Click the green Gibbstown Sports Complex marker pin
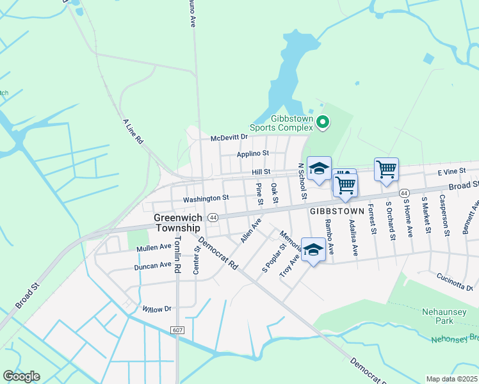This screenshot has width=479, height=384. [x=323, y=122]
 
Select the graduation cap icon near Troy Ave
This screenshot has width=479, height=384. [x=313, y=250]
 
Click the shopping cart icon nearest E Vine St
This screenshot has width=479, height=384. [x=386, y=170]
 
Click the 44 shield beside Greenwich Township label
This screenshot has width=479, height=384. [x=213, y=218]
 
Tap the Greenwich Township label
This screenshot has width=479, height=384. [x=178, y=223]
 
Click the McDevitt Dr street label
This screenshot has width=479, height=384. [x=229, y=138]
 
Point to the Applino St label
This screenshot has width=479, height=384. [x=252, y=154]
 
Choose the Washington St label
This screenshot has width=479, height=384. [x=206, y=198]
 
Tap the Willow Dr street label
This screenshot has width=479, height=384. [x=158, y=308]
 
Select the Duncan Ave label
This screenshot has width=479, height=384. [x=153, y=265]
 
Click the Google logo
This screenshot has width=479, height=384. [x=21, y=376]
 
